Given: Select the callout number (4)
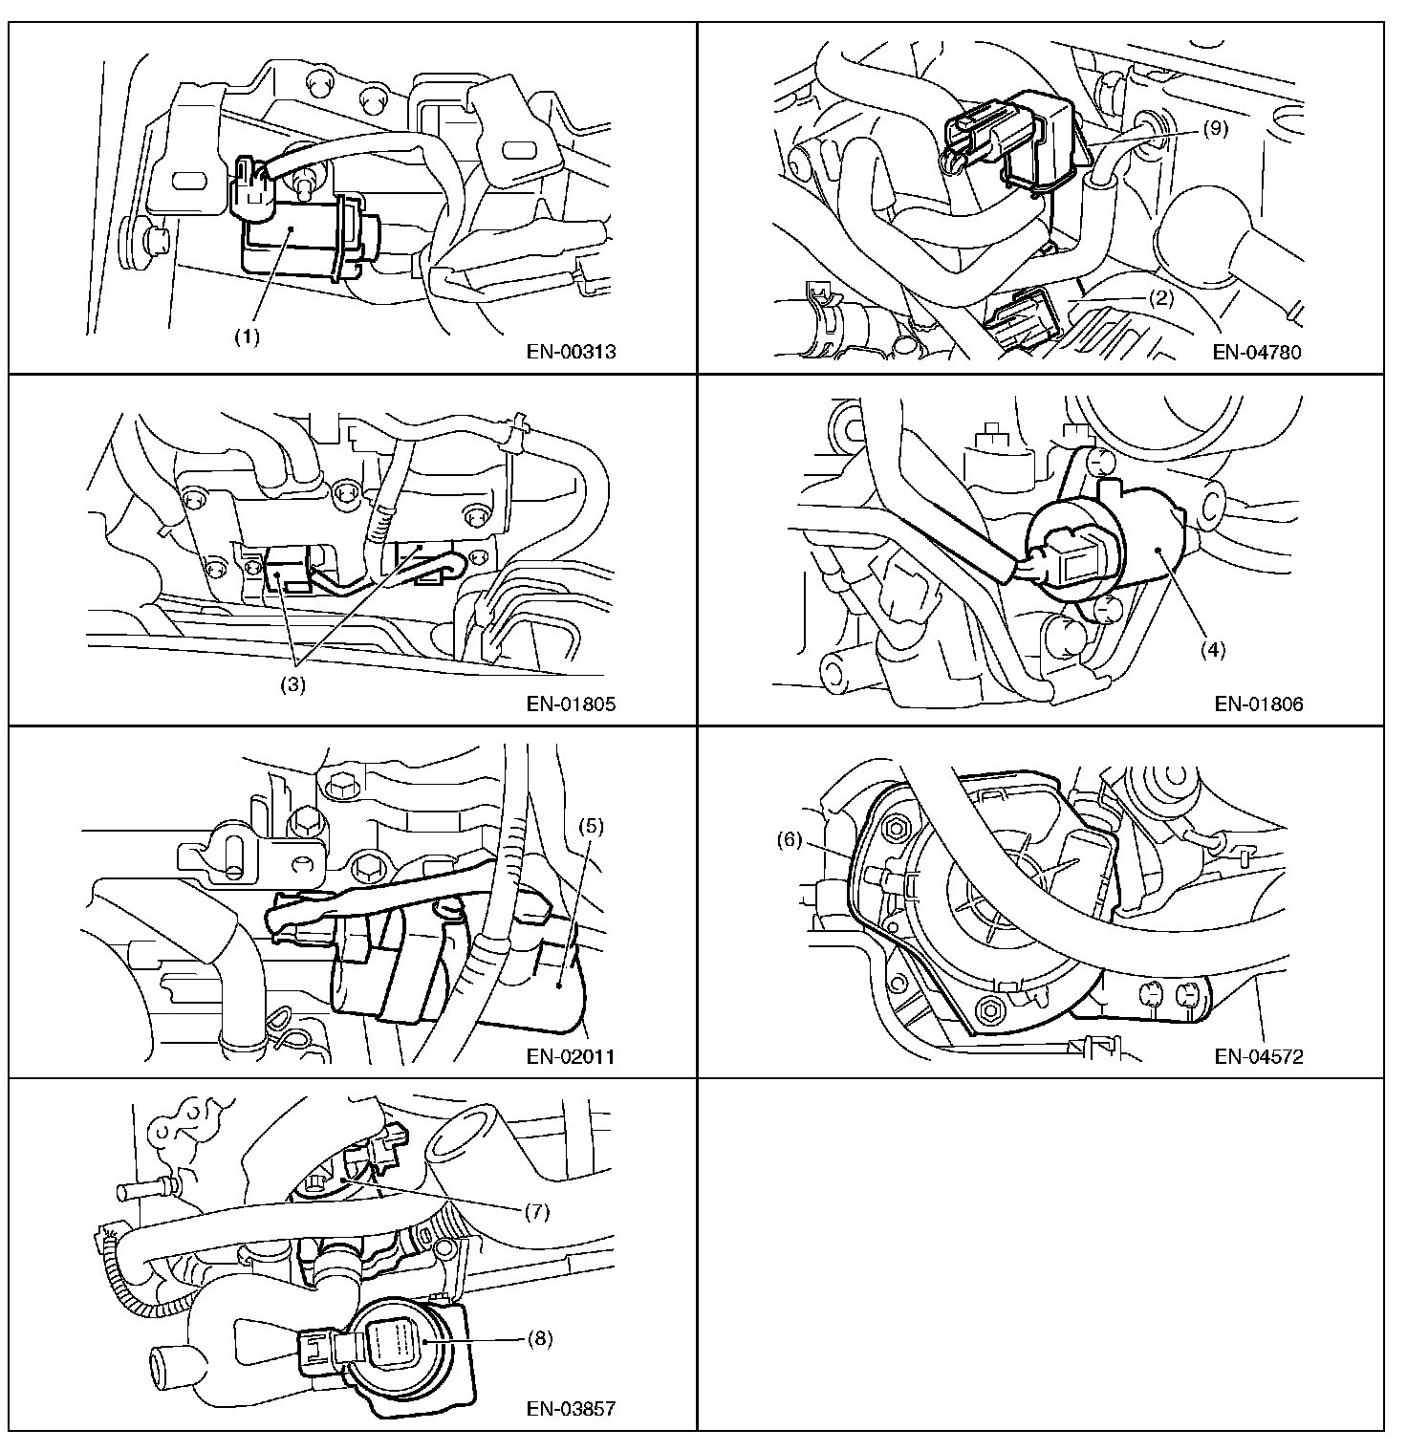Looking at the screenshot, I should (1212, 650).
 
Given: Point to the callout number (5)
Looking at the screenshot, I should (591, 826).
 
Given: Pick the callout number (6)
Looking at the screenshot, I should (789, 840).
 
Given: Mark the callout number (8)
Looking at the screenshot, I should (540, 1338).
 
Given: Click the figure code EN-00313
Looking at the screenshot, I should (572, 351).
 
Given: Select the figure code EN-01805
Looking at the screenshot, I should (572, 704).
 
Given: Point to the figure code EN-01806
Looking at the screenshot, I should (1259, 704).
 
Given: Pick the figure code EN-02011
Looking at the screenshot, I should (572, 1056).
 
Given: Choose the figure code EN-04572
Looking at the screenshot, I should (1259, 1056).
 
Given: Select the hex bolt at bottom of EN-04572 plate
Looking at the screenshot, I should (990, 1007).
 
